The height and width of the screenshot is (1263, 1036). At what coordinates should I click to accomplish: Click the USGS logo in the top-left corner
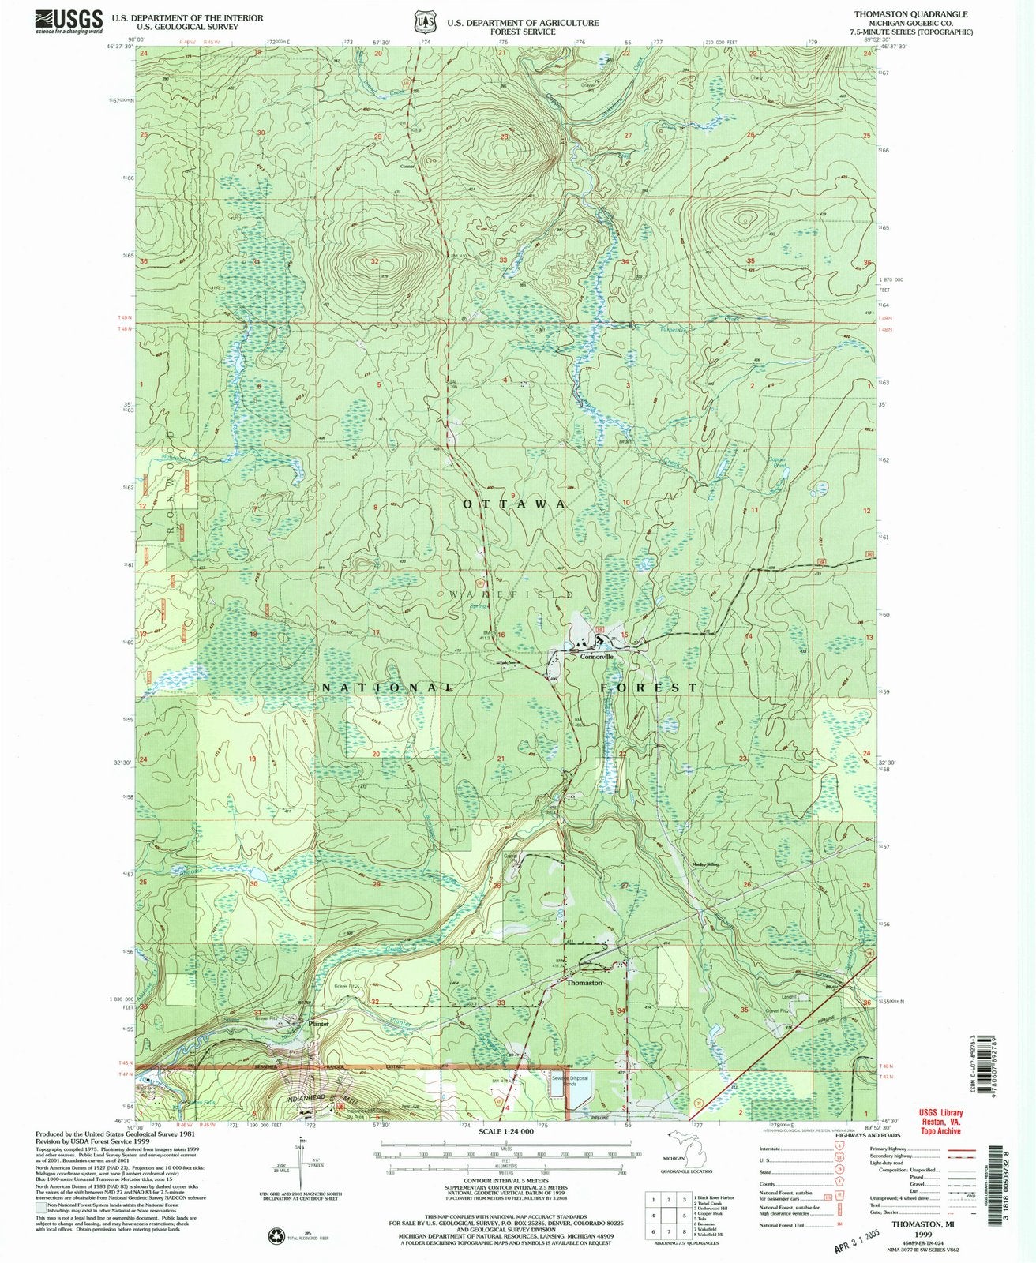69,21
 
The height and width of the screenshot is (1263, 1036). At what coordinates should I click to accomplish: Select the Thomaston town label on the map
584,983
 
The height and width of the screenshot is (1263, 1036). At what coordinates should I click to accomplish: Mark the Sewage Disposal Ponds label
572,1079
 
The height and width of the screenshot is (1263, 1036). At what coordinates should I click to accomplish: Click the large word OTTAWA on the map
514,504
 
